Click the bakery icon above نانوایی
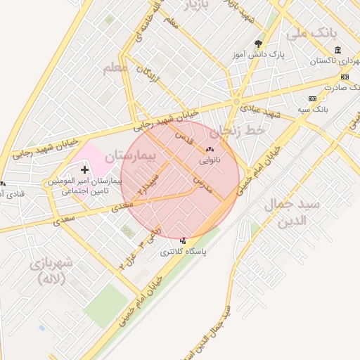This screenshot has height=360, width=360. click(209, 149)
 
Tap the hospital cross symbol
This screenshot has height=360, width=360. click(85, 169)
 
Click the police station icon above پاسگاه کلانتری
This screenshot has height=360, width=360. click(184, 240)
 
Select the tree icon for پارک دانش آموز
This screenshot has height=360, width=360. click(259, 44)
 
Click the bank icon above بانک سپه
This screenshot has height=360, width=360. click(313, 99)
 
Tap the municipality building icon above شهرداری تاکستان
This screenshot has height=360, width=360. click(338, 50)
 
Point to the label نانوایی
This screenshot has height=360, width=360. click(210, 160)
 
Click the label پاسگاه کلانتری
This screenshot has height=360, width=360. click(184, 251)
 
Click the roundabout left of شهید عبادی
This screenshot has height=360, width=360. click(236, 103)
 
